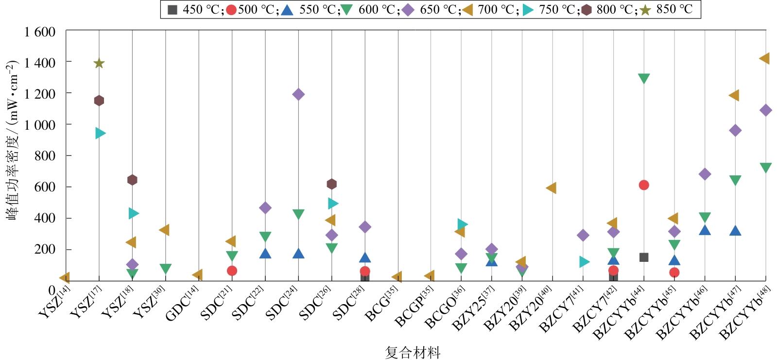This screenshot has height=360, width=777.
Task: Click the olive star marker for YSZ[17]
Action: coord(99,63)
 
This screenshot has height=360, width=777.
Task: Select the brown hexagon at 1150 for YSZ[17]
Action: coord(99,101)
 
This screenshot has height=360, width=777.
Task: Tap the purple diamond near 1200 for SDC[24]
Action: coord(298,94)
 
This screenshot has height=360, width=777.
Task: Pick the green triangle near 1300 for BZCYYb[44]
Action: coord(644,78)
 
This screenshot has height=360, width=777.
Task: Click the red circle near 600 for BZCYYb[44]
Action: coord(644,185)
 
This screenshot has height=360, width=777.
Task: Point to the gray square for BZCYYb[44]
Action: coord(644,257)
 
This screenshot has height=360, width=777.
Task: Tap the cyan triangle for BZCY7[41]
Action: coord(584,262)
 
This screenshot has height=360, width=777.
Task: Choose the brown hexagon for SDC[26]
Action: coord(332,184)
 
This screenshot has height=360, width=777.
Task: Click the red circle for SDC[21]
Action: coord(232,271)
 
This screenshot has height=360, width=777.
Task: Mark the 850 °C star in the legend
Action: coord(645,9)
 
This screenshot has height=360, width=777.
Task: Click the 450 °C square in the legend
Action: coord(172,9)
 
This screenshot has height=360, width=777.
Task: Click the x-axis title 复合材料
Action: coord(413,352)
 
